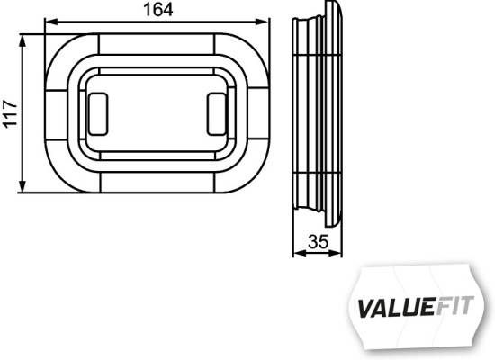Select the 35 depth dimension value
coord(318,241)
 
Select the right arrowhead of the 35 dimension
coord(341,255)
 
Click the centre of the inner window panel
coord(157,112)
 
